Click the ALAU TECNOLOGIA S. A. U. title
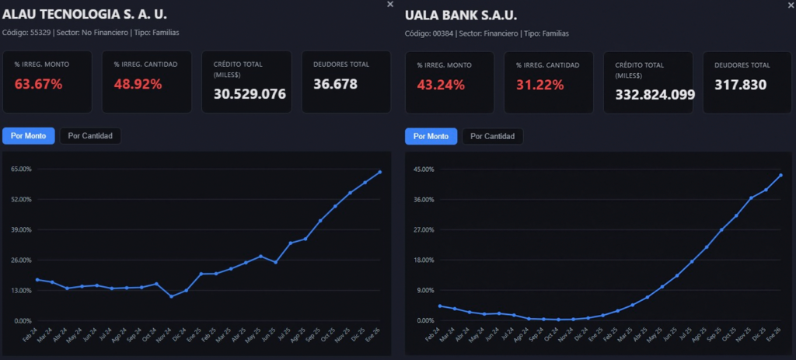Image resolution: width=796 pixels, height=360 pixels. pyautogui.click(x=85, y=14)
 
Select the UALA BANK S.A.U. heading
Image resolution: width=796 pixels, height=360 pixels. pyautogui.click(x=461, y=15)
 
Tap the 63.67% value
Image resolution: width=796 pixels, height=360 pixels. pyautogui.click(x=38, y=84)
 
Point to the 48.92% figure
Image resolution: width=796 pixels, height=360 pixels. pyautogui.click(x=138, y=84)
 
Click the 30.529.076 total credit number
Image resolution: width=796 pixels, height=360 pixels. pyautogui.click(x=250, y=94)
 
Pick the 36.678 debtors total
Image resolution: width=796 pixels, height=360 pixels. pyautogui.click(x=335, y=84)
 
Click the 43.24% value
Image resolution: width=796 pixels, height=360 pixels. pyautogui.click(x=441, y=84)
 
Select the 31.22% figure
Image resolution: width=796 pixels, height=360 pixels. pyautogui.click(x=539, y=84)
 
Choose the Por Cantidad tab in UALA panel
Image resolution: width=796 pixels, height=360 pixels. pyautogui.click(x=493, y=136)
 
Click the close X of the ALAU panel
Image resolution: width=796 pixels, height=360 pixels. pyautogui.click(x=390, y=5)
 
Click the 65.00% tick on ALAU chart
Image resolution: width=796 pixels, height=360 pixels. pyautogui.click(x=21, y=169)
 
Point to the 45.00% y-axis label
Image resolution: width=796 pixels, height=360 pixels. pyautogui.click(x=424, y=169)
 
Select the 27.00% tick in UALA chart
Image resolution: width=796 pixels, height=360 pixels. pyautogui.click(x=424, y=229)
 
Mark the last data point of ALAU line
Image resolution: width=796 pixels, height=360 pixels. pyautogui.click(x=380, y=172)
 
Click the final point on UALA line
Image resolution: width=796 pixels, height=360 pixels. pyautogui.click(x=780, y=175)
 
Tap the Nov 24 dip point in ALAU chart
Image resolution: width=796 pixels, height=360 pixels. pyautogui.click(x=172, y=296)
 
